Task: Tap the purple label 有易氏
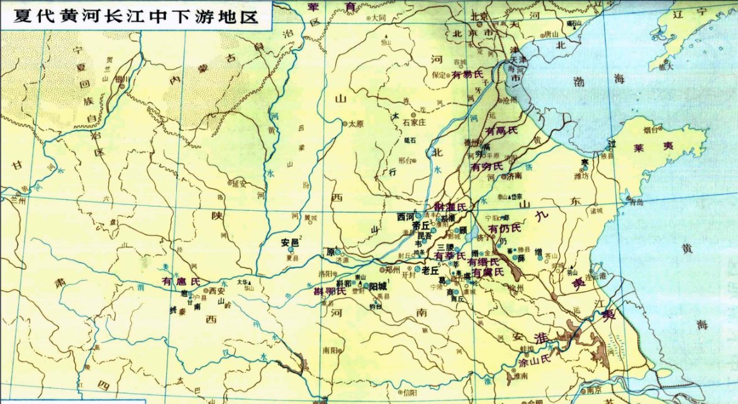[467, 74]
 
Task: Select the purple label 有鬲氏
[501, 131]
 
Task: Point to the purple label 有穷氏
[487, 166]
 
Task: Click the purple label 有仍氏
[505, 227]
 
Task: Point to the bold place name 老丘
[430, 270]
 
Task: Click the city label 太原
[356, 124]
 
